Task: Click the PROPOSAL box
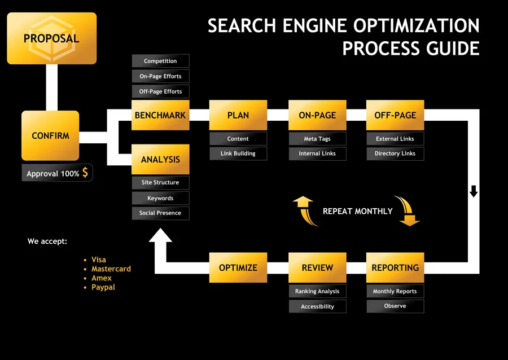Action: [51, 38]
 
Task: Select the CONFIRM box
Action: [50, 136]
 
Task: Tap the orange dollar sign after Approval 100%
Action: [85, 173]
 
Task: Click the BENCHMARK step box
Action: [160, 115]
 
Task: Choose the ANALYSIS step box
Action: [160, 159]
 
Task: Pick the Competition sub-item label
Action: [160, 61]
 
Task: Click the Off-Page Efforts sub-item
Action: [160, 91]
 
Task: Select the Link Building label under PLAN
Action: [238, 153]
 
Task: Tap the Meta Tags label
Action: [317, 139]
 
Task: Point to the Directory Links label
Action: [395, 153]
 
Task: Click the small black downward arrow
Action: [474, 191]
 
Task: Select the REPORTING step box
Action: [395, 267]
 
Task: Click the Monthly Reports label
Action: [395, 292]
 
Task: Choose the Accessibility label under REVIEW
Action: [317, 306]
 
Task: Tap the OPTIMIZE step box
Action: [238, 267]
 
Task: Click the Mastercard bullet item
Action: [111, 269]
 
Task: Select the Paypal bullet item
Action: [103, 287]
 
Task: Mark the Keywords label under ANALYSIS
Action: [160, 198]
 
